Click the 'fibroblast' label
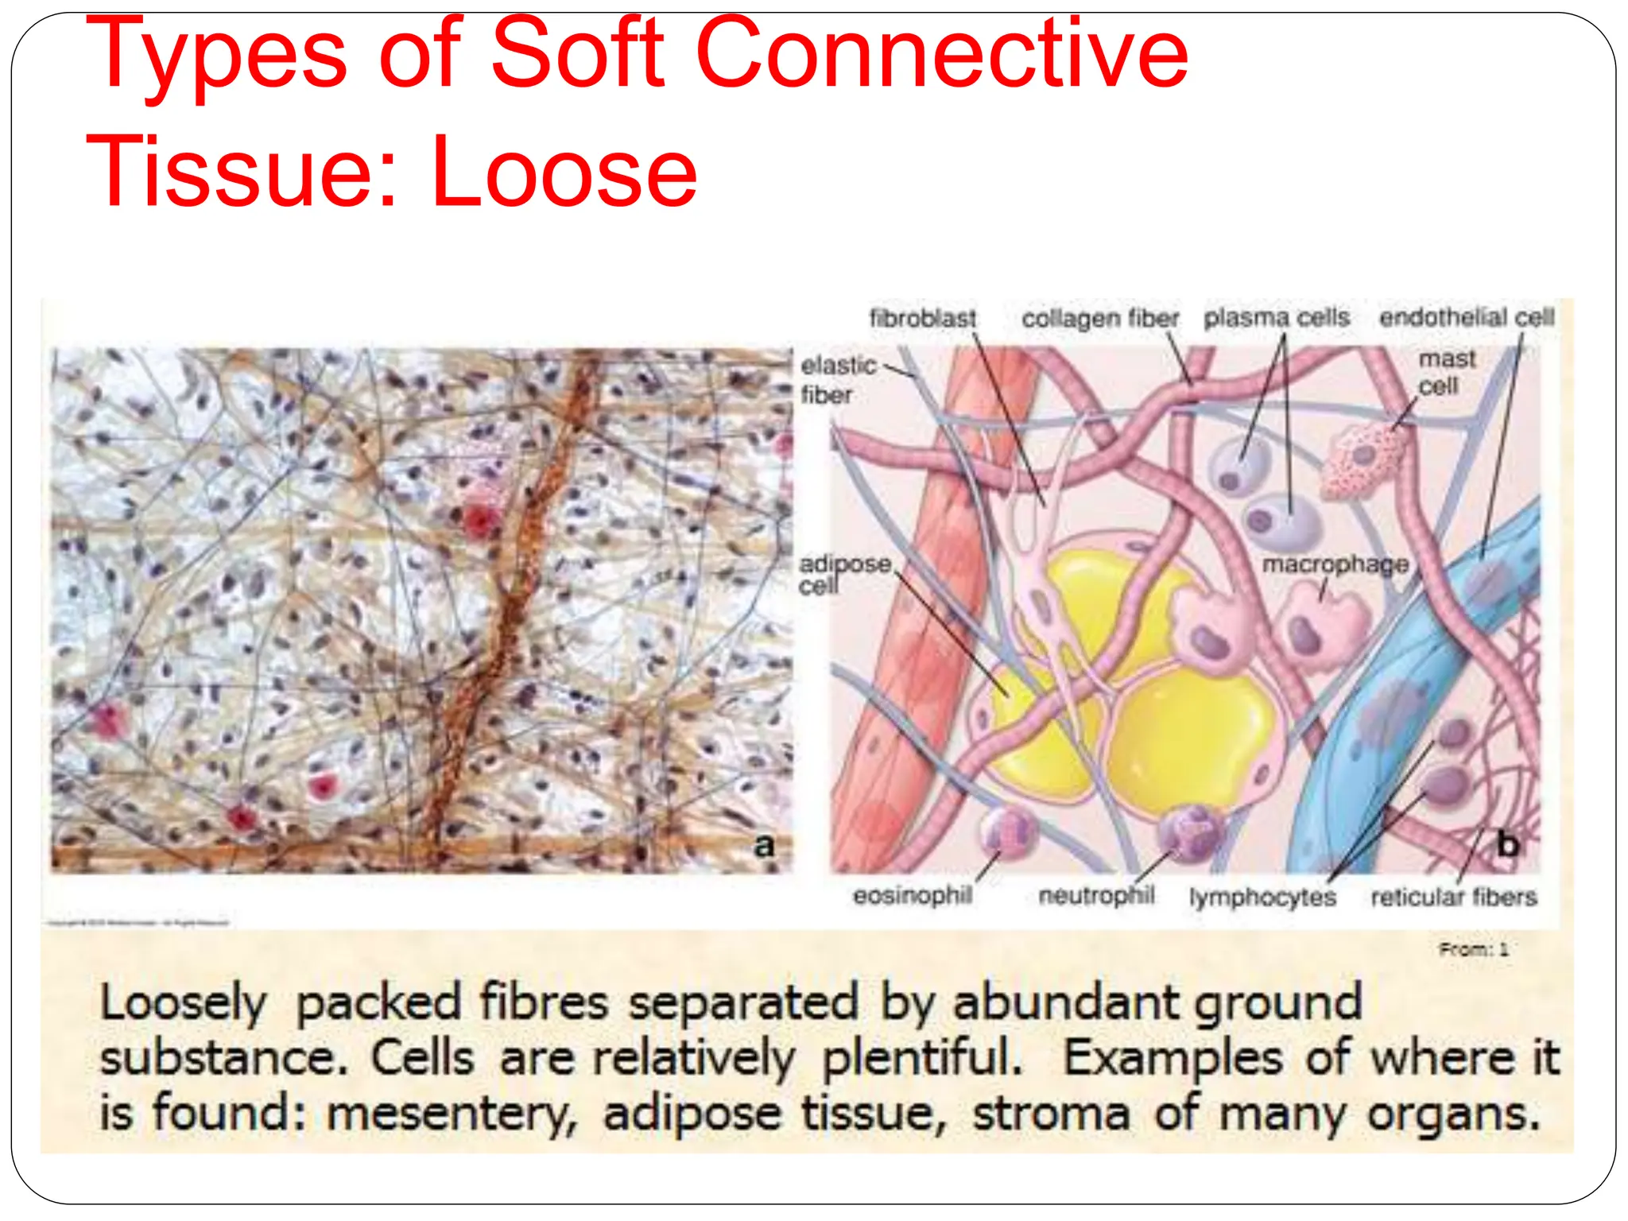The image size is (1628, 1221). point(922,319)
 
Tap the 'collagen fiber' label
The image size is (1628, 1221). point(1100,319)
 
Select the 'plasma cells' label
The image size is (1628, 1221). point(1277,317)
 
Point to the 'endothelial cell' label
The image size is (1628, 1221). point(1467,317)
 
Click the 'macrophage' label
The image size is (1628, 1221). point(1335,564)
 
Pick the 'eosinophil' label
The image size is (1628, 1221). point(913,896)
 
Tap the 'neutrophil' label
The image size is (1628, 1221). point(1096,896)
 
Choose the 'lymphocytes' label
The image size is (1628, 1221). point(1262,897)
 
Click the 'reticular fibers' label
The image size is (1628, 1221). point(1454,897)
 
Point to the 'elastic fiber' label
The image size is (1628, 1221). point(836,380)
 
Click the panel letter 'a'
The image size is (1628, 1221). point(764,845)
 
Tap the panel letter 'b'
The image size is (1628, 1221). point(1508,844)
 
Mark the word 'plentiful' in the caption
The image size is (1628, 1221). point(921,1058)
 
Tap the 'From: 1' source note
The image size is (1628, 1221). point(1473,949)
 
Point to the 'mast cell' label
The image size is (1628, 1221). point(1446,372)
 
